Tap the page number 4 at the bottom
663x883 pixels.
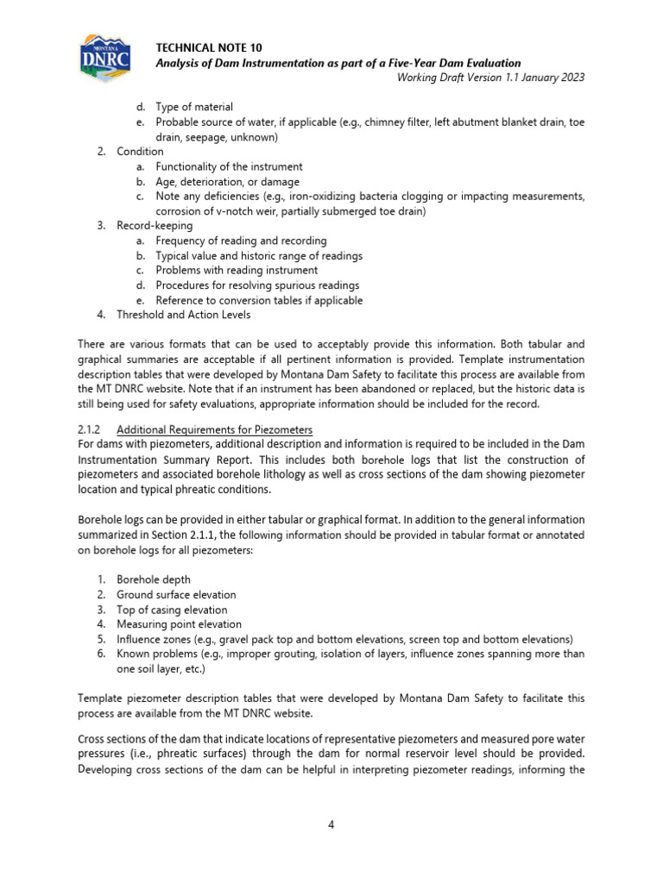pos(331,824)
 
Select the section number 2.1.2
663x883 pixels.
pos(90,429)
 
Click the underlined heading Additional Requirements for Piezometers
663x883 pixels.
pos(214,429)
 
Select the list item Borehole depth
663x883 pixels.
pos(154,579)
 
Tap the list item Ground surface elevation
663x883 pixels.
pos(176,594)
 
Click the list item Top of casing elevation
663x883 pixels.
pos(173,610)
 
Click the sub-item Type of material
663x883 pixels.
pos(193,107)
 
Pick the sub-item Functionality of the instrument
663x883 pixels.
pos(229,166)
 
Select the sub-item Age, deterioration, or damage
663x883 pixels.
pos(227,182)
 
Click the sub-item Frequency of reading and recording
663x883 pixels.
pos(241,241)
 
